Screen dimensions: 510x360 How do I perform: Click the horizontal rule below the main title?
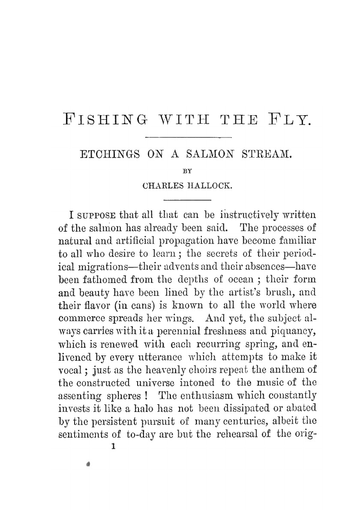[x=189, y=137]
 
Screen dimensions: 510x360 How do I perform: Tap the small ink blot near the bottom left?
[x=88, y=464]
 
